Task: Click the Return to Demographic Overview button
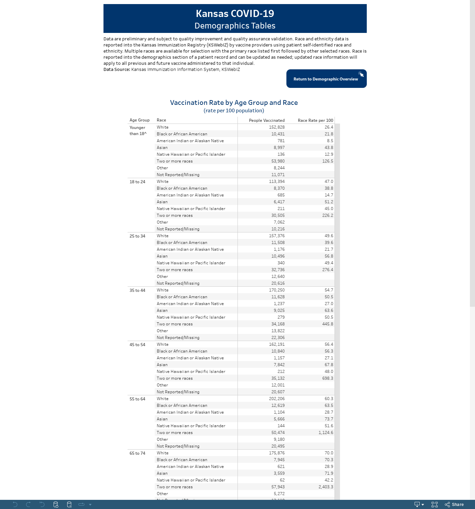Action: (326, 79)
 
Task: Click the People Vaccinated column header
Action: (267, 120)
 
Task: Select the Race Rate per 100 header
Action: (315, 120)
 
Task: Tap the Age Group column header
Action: (139, 120)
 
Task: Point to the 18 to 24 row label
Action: (137, 182)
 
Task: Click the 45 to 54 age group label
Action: (137, 345)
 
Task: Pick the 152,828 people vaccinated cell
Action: (277, 127)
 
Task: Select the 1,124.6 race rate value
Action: (326, 433)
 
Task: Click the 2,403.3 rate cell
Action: (326, 487)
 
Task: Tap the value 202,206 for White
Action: (277, 399)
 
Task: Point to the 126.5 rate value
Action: (328, 161)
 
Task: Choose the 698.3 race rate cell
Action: (328, 378)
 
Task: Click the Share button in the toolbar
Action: (454, 505)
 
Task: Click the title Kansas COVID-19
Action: (235, 14)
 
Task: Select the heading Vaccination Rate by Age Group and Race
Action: (234, 102)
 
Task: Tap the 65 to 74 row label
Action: (137, 453)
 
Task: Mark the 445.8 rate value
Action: (328, 324)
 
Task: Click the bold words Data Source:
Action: (117, 70)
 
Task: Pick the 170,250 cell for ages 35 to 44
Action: (277, 290)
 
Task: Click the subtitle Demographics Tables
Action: (235, 26)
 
